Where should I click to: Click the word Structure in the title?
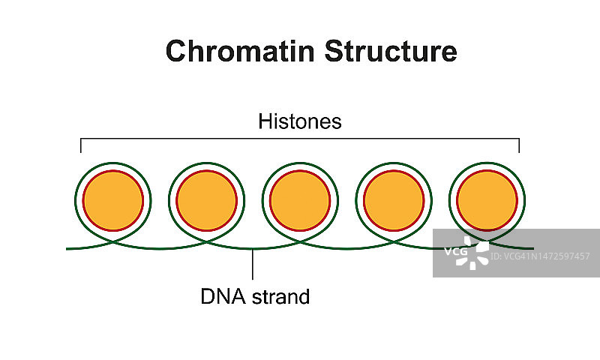391,51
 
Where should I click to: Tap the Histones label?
300,121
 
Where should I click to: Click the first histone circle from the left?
112,201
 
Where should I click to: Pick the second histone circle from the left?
206,201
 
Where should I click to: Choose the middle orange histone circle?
300,201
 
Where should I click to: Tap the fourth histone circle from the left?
394,201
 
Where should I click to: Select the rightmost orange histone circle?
487,201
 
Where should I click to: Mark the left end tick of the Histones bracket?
81,145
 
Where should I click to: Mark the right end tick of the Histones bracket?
519,145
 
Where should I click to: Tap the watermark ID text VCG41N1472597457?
540,256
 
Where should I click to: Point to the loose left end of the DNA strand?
68,247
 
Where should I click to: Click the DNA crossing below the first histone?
112,241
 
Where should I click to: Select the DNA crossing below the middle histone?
300,241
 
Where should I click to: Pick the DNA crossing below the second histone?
206,241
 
